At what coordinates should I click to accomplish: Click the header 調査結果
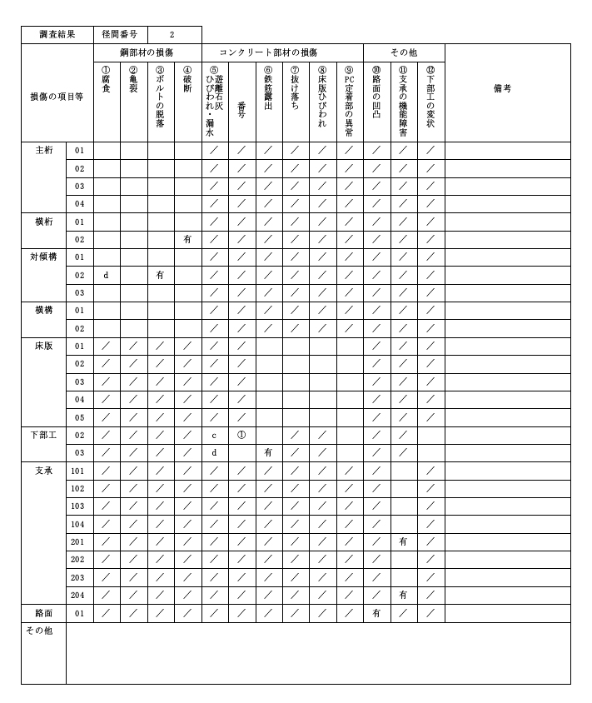point(57,35)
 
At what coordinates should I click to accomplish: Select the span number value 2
point(172,35)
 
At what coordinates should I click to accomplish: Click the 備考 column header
point(502,87)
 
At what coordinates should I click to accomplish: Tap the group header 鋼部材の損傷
point(147,52)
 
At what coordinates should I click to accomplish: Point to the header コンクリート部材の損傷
point(281,52)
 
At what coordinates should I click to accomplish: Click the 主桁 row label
point(44,151)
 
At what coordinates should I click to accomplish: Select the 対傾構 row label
point(44,257)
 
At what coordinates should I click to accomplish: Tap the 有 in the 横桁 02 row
point(187,239)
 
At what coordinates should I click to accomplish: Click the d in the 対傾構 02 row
point(106,275)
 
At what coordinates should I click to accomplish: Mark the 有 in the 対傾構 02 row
point(160,275)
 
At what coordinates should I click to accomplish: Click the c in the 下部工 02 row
point(214,435)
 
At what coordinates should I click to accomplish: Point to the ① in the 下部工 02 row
point(241,435)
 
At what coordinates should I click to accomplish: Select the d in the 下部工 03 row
point(214,452)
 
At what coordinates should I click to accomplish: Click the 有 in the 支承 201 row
point(403,541)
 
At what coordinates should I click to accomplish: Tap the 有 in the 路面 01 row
point(376,613)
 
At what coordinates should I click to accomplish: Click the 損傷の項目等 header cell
point(57,97)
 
